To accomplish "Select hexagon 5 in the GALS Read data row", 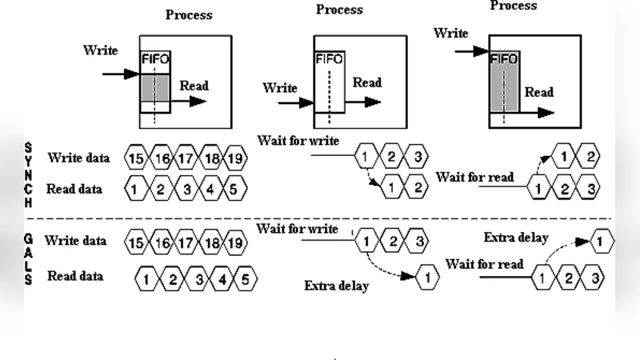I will tap(246, 279).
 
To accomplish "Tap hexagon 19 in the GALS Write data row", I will tap(236, 242).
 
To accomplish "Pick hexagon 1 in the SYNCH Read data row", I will tap(137, 190).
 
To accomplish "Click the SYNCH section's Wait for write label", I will tap(298, 141).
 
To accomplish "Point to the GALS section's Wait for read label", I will tap(484, 264).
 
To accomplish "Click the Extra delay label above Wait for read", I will tap(516, 238).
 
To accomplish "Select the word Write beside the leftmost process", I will tap(100, 50).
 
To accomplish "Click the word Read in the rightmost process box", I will tap(539, 92).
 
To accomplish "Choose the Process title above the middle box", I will tap(339, 10).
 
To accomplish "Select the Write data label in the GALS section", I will tap(75, 240).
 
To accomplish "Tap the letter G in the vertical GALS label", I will tap(29, 239).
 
